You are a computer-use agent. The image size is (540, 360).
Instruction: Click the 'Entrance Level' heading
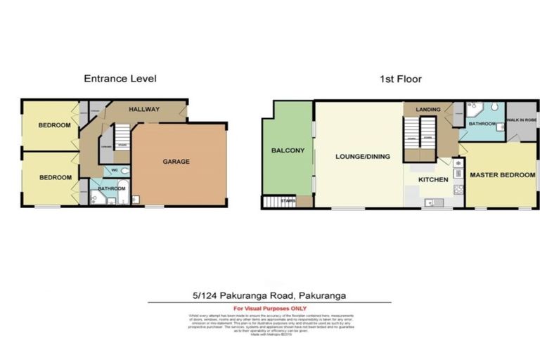point(120,79)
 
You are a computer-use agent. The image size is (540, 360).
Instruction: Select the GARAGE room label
point(176,162)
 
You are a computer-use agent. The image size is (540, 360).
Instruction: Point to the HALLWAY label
point(143,109)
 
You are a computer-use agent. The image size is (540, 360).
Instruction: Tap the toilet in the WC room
point(124,171)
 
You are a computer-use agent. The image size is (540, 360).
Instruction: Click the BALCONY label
point(287,150)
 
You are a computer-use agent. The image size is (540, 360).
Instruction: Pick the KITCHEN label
point(432,180)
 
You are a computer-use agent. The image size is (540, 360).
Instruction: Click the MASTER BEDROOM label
point(502,175)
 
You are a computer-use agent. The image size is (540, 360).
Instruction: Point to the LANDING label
point(427,110)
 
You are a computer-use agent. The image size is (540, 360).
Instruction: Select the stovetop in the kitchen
point(458,188)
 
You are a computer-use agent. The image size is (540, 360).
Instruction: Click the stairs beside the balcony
point(278,202)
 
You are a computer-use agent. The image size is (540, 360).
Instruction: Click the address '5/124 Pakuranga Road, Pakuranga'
point(269,296)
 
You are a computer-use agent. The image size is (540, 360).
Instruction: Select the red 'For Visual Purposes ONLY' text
point(269,309)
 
